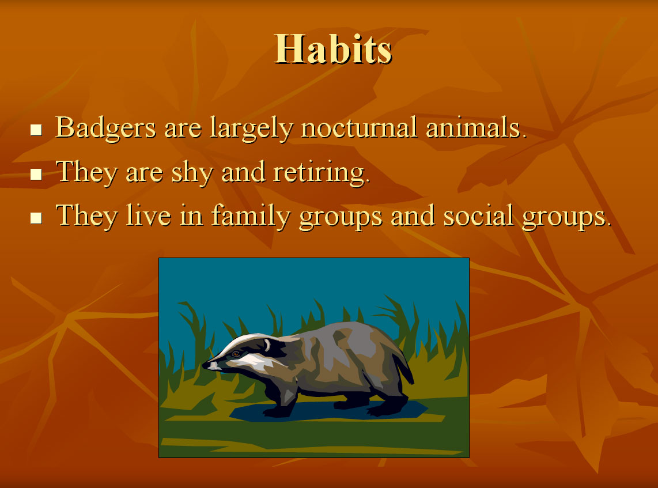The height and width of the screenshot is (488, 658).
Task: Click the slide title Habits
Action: coord(333,50)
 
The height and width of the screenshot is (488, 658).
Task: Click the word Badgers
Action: coord(106,128)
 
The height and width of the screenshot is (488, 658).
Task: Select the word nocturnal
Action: coord(359,127)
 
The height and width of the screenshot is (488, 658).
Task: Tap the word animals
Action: coord(477,127)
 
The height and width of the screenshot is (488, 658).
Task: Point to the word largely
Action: coord(251,128)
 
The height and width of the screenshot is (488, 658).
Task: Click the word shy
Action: coord(192,172)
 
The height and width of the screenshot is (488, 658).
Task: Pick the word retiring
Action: coord(322,172)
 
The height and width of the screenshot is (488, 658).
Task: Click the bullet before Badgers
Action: coord(36,130)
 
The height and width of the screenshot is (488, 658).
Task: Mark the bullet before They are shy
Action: coord(36,174)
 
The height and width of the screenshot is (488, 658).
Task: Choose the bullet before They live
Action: coord(36,218)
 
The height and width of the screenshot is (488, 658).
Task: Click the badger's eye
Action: coord(236,354)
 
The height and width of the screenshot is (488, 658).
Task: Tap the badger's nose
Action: coord(206,365)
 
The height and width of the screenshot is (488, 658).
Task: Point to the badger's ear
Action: coord(267,345)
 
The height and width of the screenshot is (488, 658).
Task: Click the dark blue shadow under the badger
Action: coord(327,411)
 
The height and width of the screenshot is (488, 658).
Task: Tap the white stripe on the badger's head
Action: coord(243,342)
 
